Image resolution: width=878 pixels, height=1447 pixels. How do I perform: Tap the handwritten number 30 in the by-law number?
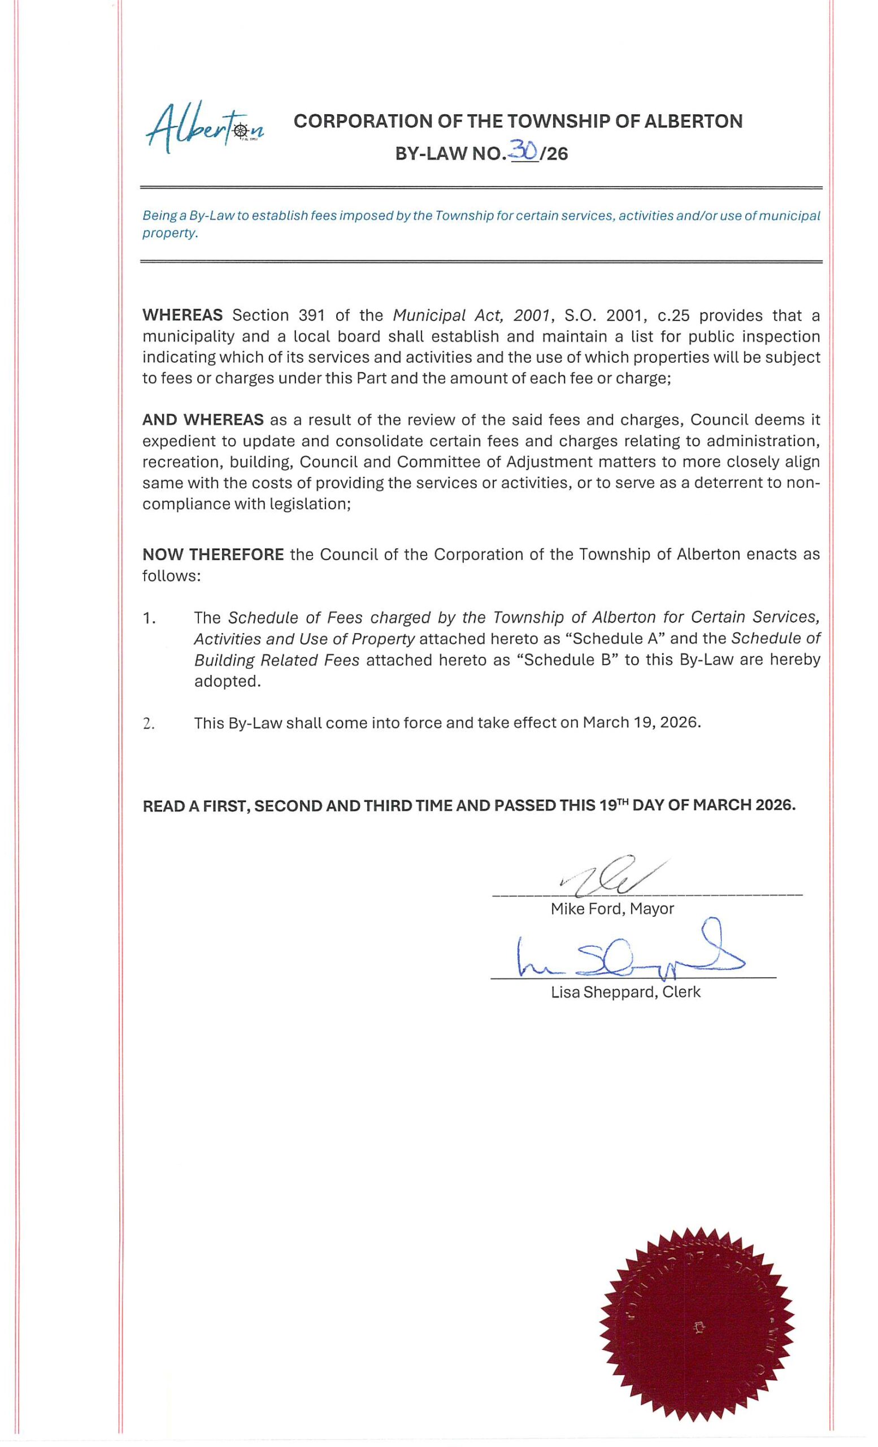click(x=524, y=152)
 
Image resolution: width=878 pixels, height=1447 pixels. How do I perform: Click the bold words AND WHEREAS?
click(x=202, y=420)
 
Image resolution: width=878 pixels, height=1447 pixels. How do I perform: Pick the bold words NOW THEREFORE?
click(x=213, y=554)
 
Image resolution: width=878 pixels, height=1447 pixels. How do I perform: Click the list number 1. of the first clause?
click(x=149, y=618)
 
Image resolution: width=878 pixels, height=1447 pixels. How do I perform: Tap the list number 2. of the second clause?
click(x=149, y=723)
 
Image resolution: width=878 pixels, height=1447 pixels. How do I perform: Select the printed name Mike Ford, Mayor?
click(x=611, y=909)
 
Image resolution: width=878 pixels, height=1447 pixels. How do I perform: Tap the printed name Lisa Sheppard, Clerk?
click(x=625, y=993)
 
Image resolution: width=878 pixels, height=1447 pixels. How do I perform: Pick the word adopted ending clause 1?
click(x=227, y=681)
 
